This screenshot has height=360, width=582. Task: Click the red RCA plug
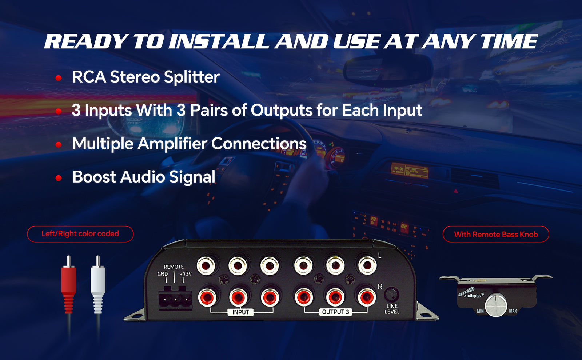pos(69,284)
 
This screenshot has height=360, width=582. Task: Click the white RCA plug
pos(98,284)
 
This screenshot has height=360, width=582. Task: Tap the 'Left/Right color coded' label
pos(80,234)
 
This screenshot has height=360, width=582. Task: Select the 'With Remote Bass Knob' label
pos(496,235)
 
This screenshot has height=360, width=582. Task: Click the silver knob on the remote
pos(496,305)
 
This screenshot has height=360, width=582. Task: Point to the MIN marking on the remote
pos(480,311)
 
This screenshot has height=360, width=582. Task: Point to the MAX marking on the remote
pos(513,311)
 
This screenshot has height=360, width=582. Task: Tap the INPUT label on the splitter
pos(241,312)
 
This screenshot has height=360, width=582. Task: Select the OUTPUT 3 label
pos(335,312)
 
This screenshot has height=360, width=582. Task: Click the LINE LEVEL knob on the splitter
pos(391,294)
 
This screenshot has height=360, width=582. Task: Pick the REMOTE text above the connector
pos(174,267)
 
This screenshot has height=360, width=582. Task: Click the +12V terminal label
pos(186,274)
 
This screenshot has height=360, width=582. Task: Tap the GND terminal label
pos(163,274)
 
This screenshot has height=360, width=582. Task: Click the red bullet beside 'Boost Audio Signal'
pos(59,178)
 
